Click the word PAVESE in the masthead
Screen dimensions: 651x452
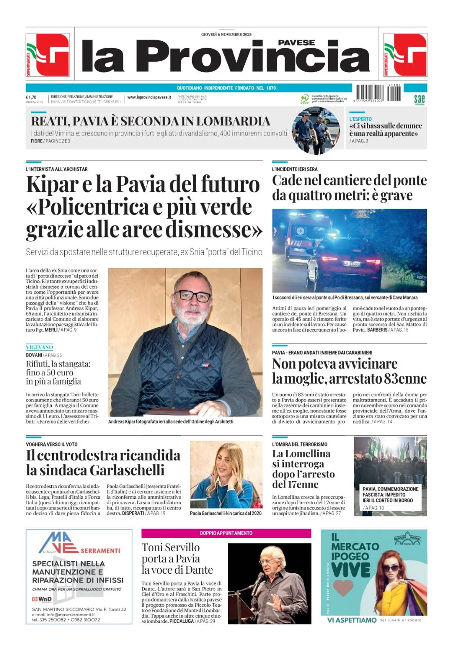tap(296, 43)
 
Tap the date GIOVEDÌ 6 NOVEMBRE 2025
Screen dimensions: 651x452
tap(226, 34)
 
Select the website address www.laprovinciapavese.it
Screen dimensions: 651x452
tap(149, 98)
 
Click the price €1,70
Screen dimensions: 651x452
tap(31, 97)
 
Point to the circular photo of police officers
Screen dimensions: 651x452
tap(316, 131)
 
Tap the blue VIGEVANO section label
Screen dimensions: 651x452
tap(40, 347)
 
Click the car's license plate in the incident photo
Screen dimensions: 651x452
tap(352, 263)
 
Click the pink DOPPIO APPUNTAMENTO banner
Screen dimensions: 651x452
tap(226, 533)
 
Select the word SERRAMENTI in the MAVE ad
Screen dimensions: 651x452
tap(100, 550)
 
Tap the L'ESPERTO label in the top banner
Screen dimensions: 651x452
tap(361, 119)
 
